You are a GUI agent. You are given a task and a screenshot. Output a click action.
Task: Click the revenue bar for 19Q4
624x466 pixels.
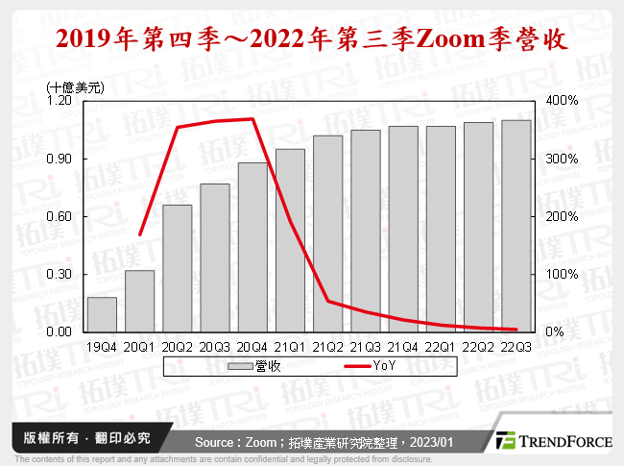(x=102, y=314)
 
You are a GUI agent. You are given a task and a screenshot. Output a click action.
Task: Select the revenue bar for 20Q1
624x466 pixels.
(x=139, y=301)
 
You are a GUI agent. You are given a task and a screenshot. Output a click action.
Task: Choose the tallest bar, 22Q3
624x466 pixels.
(x=516, y=226)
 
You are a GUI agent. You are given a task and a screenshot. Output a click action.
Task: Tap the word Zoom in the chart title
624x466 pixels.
(x=433, y=39)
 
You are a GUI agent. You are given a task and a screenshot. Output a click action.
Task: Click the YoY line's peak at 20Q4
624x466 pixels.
(x=252, y=119)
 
